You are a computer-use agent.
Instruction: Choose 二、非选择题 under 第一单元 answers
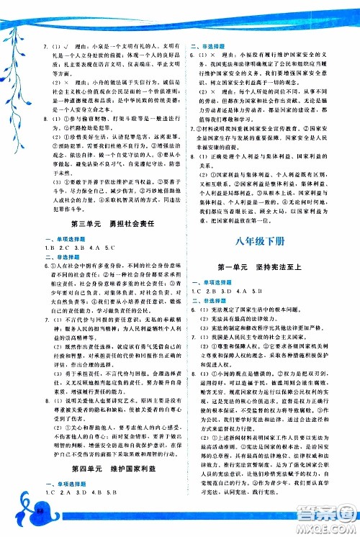[x=207, y=299]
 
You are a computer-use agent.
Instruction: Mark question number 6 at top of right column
[x=192, y=53]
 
